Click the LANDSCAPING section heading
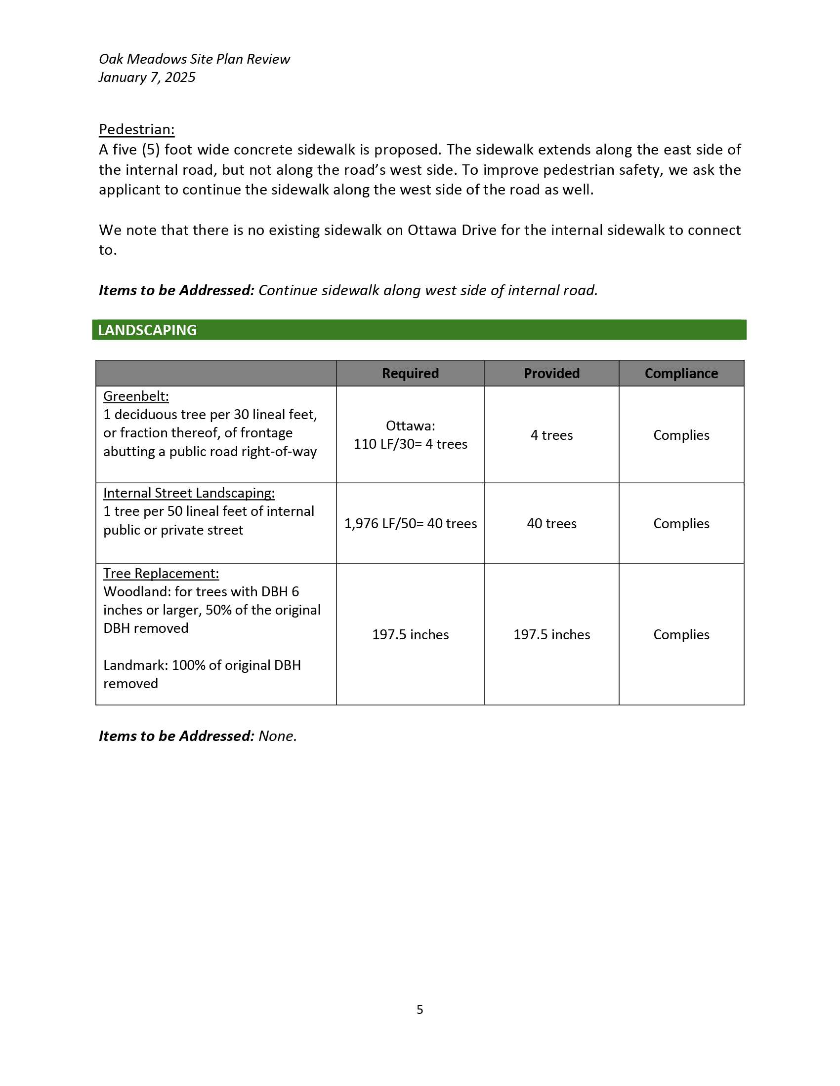(147, 330)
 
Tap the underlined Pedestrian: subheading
(136, 129)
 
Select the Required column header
(410, 374)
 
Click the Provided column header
(551, 374)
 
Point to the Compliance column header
(681, 374)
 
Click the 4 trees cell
(551, 435)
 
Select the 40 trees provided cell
(551, 524)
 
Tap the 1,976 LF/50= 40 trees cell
(410, 524)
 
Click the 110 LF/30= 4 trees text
(410, 444)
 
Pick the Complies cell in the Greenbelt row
(681, 435)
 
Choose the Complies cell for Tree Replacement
(681, 634)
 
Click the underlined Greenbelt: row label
(136, 396)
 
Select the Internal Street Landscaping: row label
(189, 493)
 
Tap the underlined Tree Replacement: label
(161, 573)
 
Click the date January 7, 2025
(147, 78)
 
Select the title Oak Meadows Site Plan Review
(194, 59)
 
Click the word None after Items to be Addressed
(277, 736)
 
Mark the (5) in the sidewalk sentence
(151, 150)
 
